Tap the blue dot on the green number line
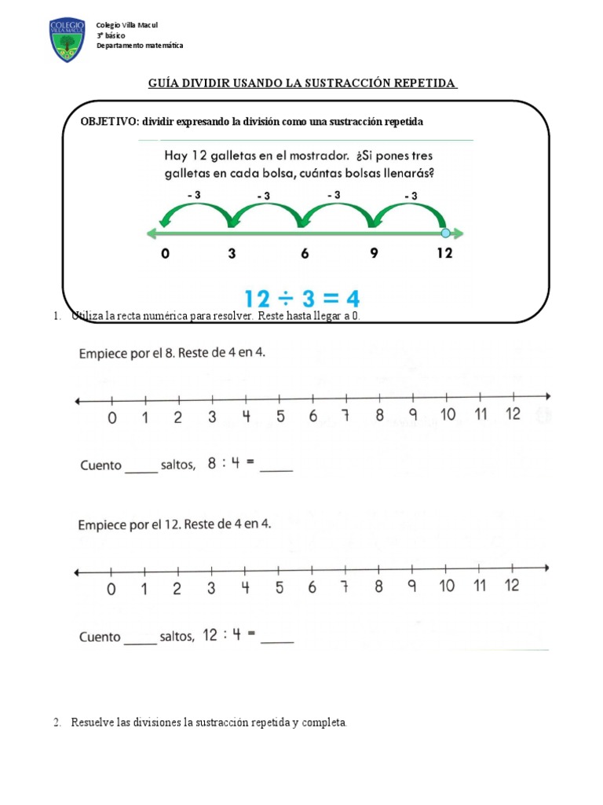[x=446, y=233]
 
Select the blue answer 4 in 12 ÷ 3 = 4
[x=351, y=299]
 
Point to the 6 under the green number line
[x=304, y=254]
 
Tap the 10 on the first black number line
[x=447, y=415]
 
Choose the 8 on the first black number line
[x=379, y=416]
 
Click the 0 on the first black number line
[x=112, y=417]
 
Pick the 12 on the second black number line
[x=512, y=585]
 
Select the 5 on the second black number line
[x=279, y=586]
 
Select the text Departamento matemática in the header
[x=140, y=46]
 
